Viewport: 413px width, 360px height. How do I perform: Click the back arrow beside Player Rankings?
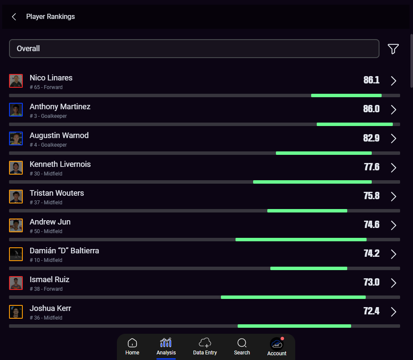click(x=14, y=17)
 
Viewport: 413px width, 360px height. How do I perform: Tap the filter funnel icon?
click(x=393, y=49)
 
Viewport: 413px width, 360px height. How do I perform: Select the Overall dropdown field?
click(x=194, y=49)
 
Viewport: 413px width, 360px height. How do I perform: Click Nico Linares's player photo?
click(x=16, y=81)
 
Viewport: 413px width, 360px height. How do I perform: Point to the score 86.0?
click(x=371, y=109)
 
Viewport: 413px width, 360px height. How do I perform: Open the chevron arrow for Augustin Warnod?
click(x=393, y=138)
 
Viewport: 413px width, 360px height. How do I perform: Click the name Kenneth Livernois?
click(x=60, y=164)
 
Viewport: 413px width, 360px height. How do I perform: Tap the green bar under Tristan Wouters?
click(x=307, y=211)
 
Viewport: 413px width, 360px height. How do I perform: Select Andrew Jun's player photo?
click(x=16, y=225)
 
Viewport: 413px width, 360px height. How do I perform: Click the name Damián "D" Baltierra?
click(x=64, y=251)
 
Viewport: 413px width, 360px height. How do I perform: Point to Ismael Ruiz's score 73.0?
click(x=371, y=282)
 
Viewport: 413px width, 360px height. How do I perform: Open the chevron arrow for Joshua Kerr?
click(x=393, y=311)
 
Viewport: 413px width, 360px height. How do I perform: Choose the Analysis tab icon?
click(x=166, y=343)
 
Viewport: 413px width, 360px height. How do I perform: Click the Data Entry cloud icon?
click(x=205, y=343)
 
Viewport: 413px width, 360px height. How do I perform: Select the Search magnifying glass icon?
click(x=242, y=343)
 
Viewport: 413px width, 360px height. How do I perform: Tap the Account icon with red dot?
click(x=277, y=344)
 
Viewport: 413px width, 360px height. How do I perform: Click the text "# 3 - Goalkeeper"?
click(x=48, y=116)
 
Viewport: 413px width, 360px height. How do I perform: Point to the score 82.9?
click(x=371, y=138)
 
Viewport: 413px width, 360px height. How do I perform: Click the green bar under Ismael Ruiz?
click(x=293, y=297)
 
